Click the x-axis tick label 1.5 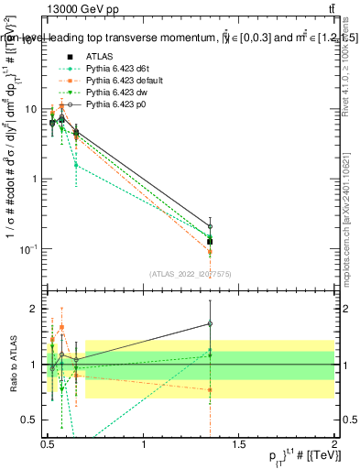click(x=239, y=445)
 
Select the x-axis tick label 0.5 click(x=48, y=445)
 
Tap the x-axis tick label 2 click(x=333, y=445)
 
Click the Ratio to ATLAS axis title click(x=13, y=364)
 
